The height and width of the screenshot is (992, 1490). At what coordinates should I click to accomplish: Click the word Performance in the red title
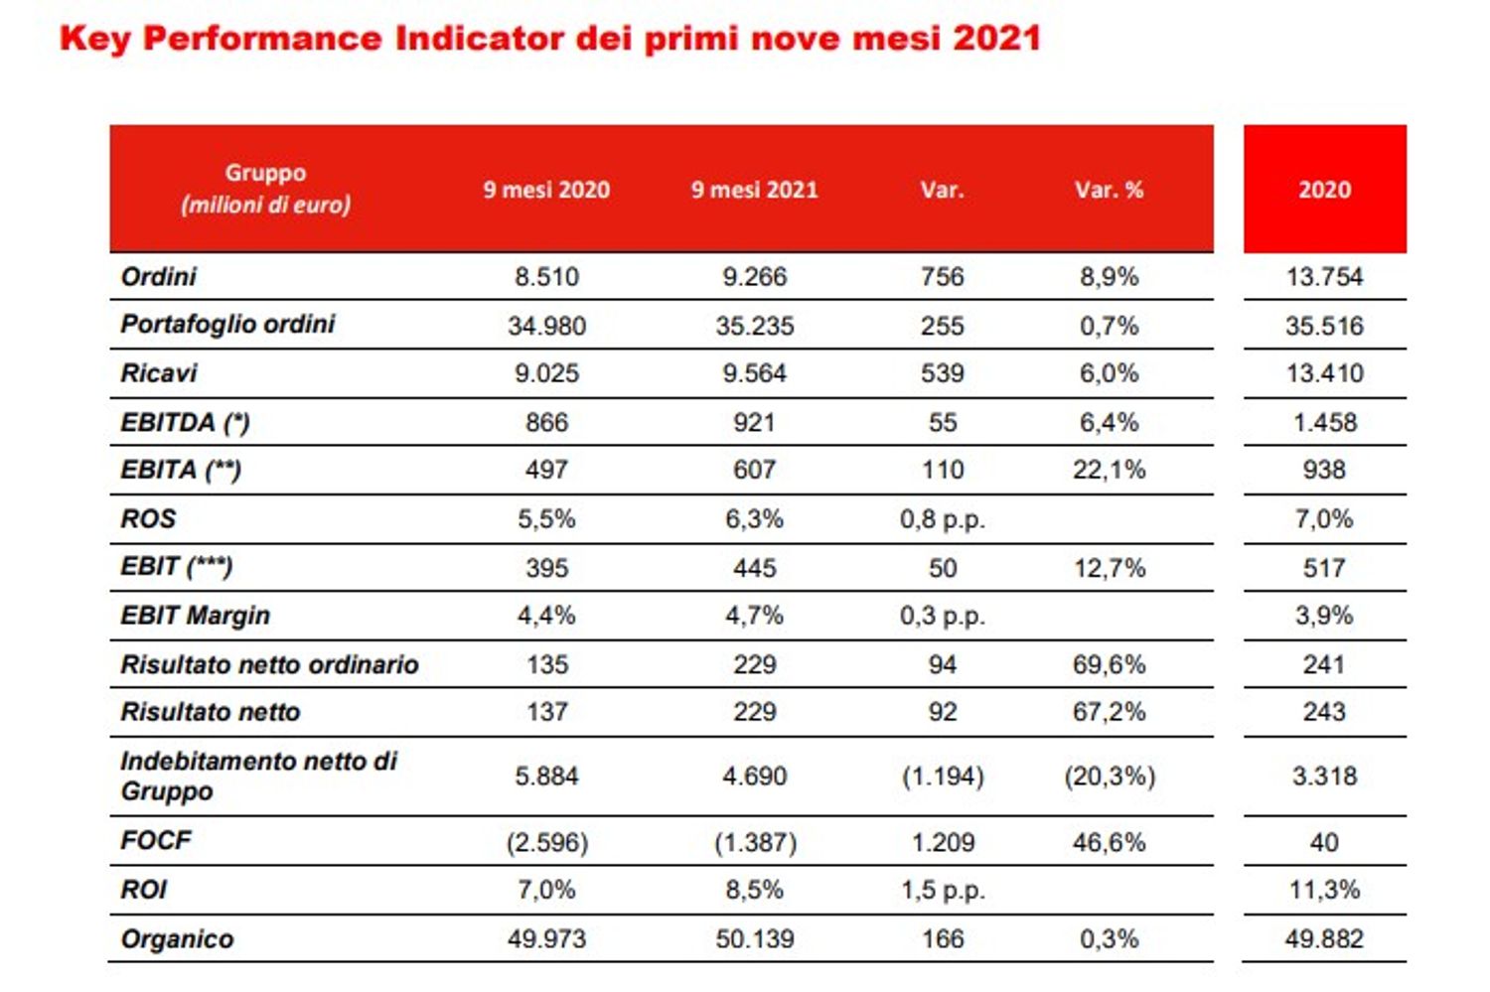[x=262, y=39]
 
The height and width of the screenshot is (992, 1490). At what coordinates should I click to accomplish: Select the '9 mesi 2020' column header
[x=546, y=190]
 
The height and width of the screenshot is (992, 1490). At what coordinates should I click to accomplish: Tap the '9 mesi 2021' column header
[x=754, y=190]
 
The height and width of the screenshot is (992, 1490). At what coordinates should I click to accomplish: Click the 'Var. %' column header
[x=1109, y=190]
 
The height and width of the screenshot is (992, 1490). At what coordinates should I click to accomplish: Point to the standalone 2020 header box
[x=1324, y=190]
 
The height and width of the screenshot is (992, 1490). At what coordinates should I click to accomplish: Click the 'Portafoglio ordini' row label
[x=227, y=325]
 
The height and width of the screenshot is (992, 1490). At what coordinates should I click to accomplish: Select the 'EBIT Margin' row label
[x=195, y=616]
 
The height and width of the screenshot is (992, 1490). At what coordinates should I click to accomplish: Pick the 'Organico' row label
[x=177, y=939]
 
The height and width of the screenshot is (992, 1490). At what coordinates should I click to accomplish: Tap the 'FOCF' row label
[x=155, y=841]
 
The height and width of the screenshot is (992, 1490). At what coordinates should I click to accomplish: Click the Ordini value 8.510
[x=546, y=277]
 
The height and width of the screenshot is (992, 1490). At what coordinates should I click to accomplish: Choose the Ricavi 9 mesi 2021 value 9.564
[x=754, y=373]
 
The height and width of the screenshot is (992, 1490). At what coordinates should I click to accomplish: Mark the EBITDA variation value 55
[x=942, y=423]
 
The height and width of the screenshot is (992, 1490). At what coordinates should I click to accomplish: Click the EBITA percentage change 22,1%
[x=1109, y=470]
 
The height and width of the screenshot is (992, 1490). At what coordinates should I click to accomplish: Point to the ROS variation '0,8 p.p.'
[x=942, y=519]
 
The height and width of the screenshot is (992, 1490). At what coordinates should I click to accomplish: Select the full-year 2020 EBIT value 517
[x=1324, y=568]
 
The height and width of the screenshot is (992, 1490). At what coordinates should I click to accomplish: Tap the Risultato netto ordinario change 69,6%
[x=1109, y=664]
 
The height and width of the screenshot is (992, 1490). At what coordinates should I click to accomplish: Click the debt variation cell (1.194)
[x=942, y=777]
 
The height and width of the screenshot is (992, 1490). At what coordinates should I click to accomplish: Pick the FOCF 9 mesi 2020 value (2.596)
[x=546, y=843]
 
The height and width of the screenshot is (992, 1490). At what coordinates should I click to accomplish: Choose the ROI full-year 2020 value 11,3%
[x=1324, y=890]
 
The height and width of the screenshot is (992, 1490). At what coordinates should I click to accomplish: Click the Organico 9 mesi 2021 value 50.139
[x=754, y=939]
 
